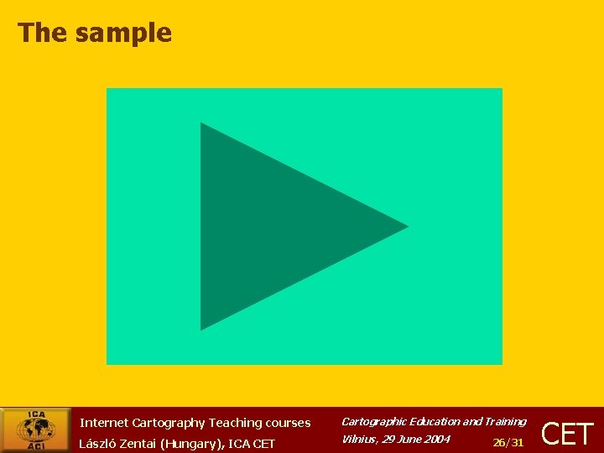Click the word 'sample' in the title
[123, 33]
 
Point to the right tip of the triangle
[406, 226]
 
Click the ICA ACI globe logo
[35, 430]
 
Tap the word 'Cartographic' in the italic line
[372, 421]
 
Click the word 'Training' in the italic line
[505, 421]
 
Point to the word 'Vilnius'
[358, 439]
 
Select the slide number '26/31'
[508, 442]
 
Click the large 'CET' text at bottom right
[568, 434]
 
